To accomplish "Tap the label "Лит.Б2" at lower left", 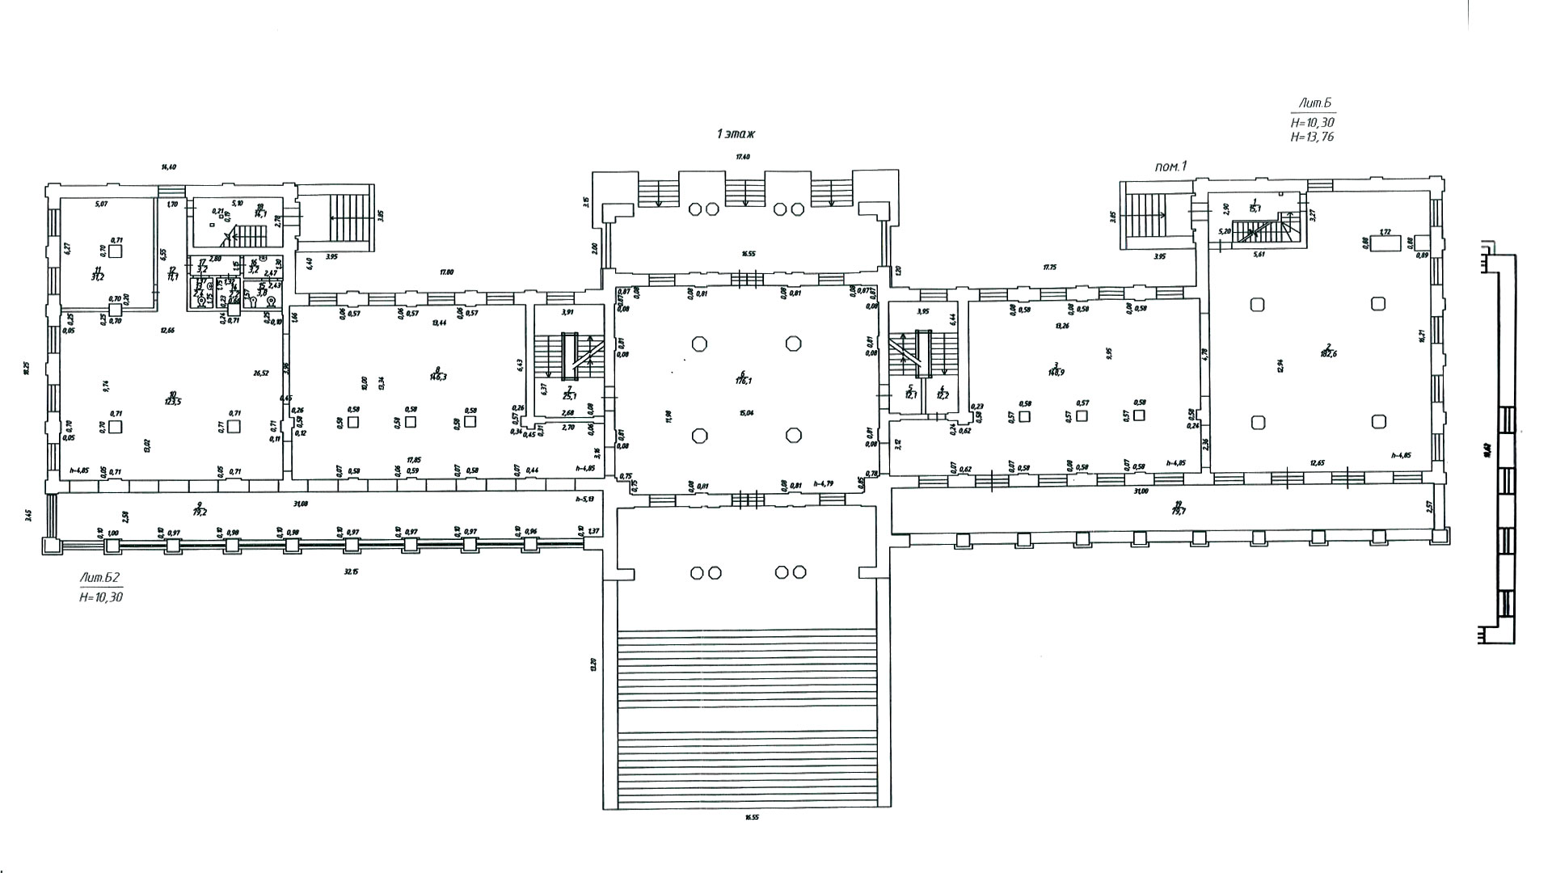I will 100,578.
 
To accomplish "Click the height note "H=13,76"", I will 1312,137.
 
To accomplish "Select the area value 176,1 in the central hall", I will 741,381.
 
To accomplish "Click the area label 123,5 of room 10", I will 171,401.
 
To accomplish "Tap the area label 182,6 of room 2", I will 1328,353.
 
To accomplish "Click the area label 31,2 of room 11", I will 98,276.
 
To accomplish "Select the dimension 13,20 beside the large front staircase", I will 593,664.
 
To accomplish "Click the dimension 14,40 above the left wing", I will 168,167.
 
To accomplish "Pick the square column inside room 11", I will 116,251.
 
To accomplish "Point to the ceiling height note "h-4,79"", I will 824,483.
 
